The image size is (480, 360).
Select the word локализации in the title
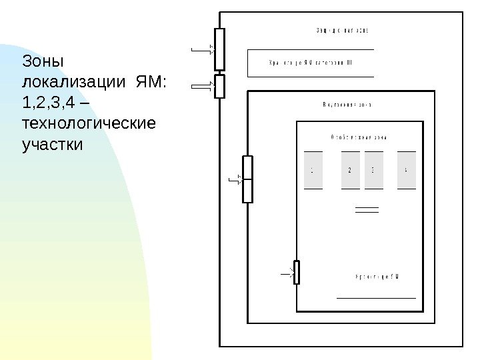pyautogui.click(x=73, y=83)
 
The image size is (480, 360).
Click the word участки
pyautogui.click(x=53, y=144)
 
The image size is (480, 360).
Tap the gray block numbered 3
pyautogui.click(x=373, y=170)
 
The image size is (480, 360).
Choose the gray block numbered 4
pyautogui.click(x=407, y=170)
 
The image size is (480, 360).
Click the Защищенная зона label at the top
pyautogui.click(x=343, y=31)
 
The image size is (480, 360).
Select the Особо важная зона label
pyautogui.click(x=359, y=137)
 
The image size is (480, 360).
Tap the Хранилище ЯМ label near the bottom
pyautogui.click(x=377, y=276)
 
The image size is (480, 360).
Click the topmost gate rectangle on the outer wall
pyautogui.click(x=220, y=49)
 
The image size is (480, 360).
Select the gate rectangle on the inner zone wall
pyautogui.click(x=247, y=179)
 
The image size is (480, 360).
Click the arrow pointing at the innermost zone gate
pyautogui.click(x=287, y=273)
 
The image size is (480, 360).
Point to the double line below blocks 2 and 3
pyautogui.click(x=367, y=210)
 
